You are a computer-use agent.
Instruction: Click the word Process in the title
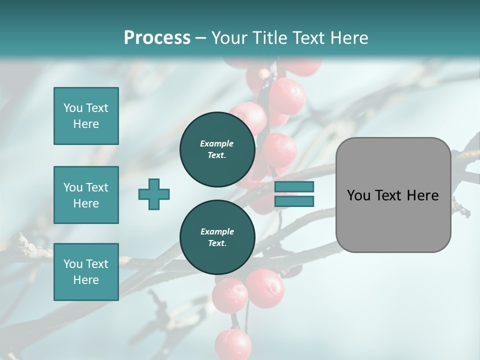coord(157,37)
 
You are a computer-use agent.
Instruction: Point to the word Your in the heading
coord(230,37)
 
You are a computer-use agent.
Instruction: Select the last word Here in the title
coord(350,37)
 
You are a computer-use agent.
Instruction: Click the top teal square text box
coord(86,116)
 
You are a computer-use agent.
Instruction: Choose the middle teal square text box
coord(86,195)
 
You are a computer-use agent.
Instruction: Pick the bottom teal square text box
coord(86,272)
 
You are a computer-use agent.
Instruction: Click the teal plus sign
coord(154,194)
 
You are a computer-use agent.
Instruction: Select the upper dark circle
coord(217,149)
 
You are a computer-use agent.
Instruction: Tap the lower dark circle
coord(217,237)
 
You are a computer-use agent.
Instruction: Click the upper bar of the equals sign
coord(294,186)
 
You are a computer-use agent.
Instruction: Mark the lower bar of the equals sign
coord(294,201)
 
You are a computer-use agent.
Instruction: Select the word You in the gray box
coord(358,195)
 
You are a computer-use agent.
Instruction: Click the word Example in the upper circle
coord(217,143)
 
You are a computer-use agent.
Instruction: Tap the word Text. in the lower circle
coord(217,243)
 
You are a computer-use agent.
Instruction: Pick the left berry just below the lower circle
coord(229,295)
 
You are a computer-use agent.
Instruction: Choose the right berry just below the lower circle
coord(265,288)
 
